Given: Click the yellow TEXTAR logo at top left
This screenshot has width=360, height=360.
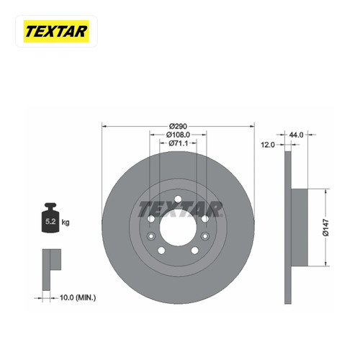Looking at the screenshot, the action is point(56,32).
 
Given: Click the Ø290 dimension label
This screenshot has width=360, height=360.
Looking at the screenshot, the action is point(178,126).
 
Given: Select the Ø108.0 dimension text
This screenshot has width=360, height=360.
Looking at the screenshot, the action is point(178,135).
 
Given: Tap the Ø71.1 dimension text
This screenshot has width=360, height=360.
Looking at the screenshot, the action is point(178,143).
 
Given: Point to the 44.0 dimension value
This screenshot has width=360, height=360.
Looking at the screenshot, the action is point(296,135).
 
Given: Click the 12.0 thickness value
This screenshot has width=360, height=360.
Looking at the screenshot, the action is point(268,145).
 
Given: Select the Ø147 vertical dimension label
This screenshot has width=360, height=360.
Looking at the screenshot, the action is point(325,228).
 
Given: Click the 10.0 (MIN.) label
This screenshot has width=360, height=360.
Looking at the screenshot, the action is point(78,298).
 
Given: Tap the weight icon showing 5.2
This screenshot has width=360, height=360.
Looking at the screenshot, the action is point(50,217).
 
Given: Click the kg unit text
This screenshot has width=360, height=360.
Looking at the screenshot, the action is point(66,222).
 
